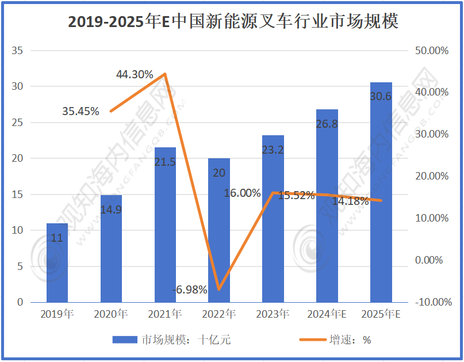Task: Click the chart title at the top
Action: (x=232, y=22)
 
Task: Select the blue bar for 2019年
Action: (x=57, y=262)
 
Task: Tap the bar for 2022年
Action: (x=218, y=230)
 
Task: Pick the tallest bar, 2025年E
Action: (x=381, y=192)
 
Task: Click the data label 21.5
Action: (x=165, y=162)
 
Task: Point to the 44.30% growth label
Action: (x=135, y=74)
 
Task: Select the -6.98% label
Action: (x=189, y=289)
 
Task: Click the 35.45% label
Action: (x=80, y=111)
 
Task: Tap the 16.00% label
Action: (x=242, y=193)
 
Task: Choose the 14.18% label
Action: (x=350, y=201)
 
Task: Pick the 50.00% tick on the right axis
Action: (x=431, y=51)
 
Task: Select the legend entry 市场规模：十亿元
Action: (x=170, y=340)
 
